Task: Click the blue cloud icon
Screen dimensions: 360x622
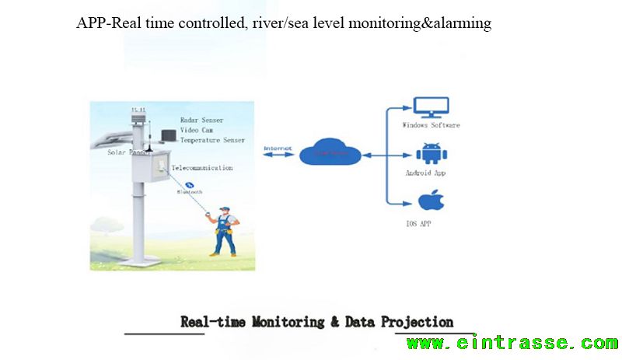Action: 330,151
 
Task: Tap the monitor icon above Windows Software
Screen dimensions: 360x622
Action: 429,108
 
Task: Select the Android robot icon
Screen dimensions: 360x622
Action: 429,153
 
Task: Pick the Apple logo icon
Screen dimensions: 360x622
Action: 428,201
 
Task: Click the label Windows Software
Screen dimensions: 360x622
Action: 431,125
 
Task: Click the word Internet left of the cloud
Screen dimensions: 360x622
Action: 277,149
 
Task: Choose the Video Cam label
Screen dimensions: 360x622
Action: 197,131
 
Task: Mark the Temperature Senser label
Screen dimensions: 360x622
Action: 211,141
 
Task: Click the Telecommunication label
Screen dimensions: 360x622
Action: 201,168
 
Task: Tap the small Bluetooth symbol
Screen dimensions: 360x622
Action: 187,184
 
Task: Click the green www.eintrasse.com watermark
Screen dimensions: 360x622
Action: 512,343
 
